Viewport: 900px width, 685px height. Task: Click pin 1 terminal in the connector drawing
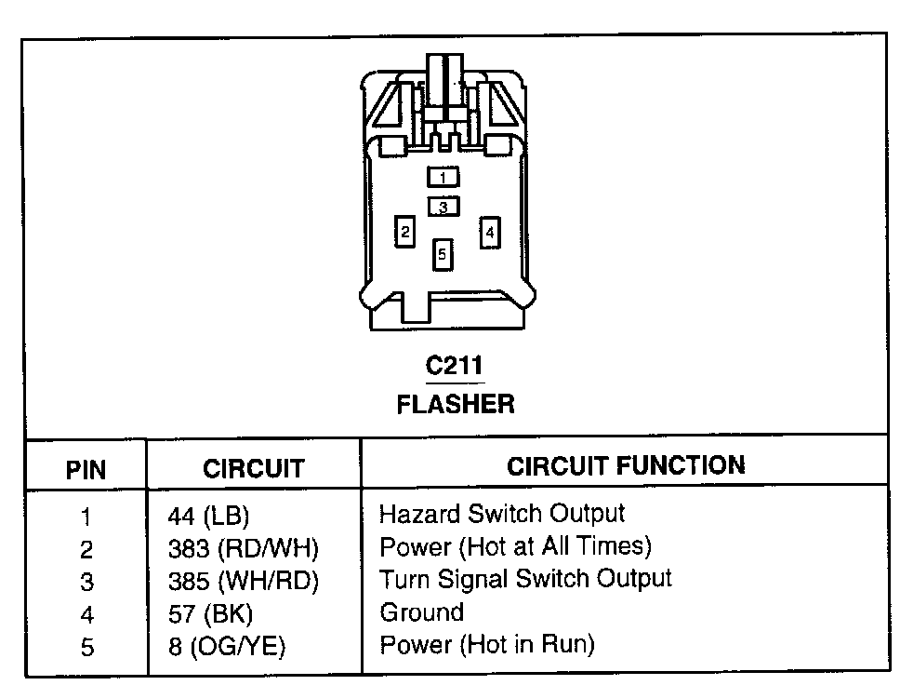click(x=443, y=177)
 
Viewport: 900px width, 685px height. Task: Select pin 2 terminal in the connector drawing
click(x=404, y=231)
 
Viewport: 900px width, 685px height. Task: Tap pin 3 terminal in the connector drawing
click(x=443, y=207)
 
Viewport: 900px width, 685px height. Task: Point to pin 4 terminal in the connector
click(x=490, y=231)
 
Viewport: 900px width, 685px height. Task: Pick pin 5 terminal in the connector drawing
click(x=443, y=253)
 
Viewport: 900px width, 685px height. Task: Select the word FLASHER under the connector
click(x=455, y=405)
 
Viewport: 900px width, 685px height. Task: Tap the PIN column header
click(x=86, y=469)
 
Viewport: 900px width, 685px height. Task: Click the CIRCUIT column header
click(x=253, y=468)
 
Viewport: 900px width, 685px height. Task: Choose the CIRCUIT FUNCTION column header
click(x=626, y=466)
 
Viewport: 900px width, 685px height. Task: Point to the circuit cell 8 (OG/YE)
click(x=226, y=647)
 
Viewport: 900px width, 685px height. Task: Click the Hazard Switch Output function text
click(x=502, y=513)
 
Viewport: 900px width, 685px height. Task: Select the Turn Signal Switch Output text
click(x=525, y=579)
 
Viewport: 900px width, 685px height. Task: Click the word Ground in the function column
click(x=421, y=612)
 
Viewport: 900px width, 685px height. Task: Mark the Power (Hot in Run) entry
click(x=486, y=644)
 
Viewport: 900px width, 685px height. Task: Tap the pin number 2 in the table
click(x=86, y=549)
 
